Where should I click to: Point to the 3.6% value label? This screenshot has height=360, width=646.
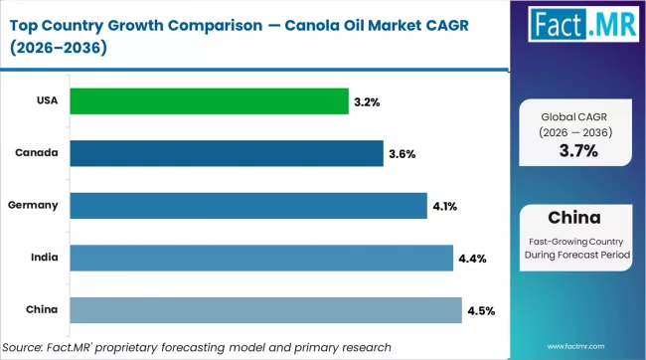(402, 154)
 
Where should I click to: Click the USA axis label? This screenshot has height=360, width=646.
(46, 100)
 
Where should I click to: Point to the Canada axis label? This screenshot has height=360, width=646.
(37, 153)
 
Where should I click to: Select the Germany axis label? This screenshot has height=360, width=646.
(34, 206)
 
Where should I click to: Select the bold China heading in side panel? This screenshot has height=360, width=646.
(577, 217)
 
